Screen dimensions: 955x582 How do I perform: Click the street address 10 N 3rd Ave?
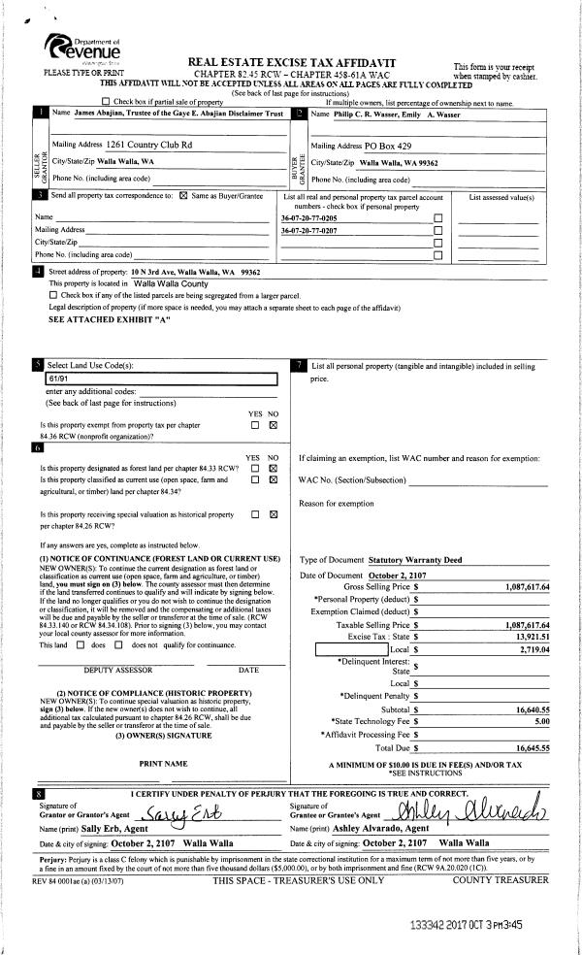tap(99, 274)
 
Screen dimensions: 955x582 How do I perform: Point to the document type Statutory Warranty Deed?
tap(416, 561)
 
